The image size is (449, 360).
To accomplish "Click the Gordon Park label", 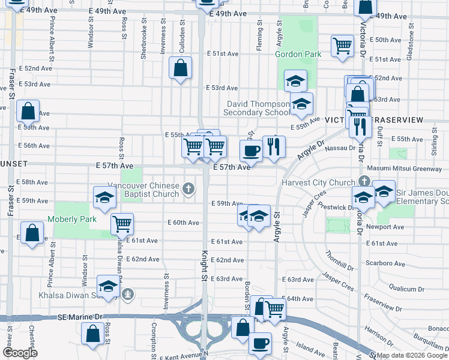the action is [298, 54].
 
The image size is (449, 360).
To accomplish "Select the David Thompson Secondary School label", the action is [256, 108].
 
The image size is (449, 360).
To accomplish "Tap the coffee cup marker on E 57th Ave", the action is [251, 150].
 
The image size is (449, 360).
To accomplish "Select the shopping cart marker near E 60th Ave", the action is [122, 224].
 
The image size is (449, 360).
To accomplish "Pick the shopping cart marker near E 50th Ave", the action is [342, 45].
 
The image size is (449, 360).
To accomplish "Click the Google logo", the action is [20, 353].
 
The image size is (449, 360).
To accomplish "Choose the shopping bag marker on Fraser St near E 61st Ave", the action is [32, 232].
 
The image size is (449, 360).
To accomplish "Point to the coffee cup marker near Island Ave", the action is [261, 344].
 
